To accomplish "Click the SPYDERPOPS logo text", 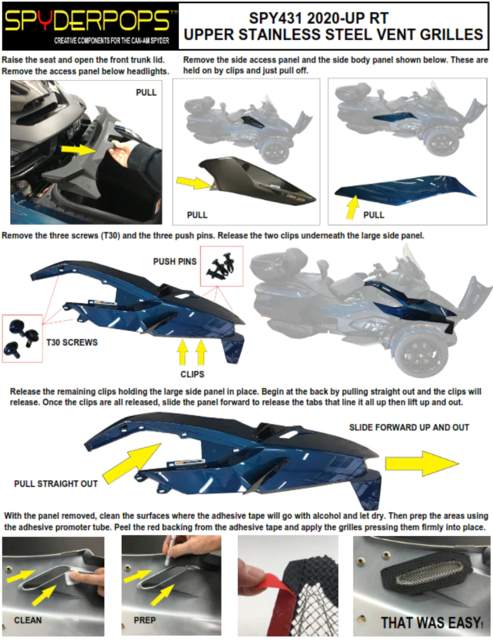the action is tap(88, 21).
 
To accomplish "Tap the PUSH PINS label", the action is tap(174, 261).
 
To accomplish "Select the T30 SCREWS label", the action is tap(72, 342).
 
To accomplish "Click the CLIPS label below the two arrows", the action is tap(193, 374).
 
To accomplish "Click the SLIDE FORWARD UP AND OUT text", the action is tap(409, 427).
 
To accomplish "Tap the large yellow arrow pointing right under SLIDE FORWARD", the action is tap(422, 464).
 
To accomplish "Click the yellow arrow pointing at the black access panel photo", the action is tap(194, 183).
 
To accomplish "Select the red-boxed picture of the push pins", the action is tap(222, 266).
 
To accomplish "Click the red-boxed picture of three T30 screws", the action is tap(23, 338).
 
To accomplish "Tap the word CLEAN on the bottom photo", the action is tap(28, 620).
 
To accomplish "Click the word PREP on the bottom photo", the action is tap(145, 620).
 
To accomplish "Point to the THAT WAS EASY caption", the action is tap(432, 623).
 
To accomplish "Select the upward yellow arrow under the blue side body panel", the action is tap(353, 207).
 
